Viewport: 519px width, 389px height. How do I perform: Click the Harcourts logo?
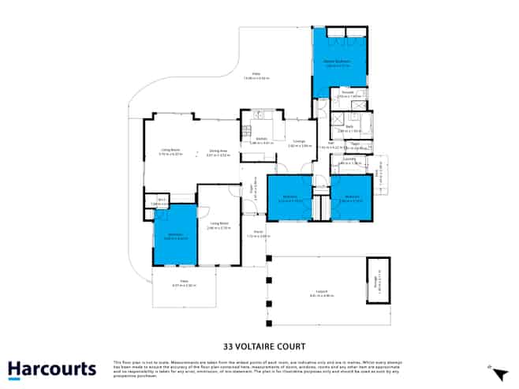52,369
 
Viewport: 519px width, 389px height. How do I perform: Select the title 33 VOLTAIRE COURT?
259,346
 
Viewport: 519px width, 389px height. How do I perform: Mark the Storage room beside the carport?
379,280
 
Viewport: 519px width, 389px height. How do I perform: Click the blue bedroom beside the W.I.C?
174,234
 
